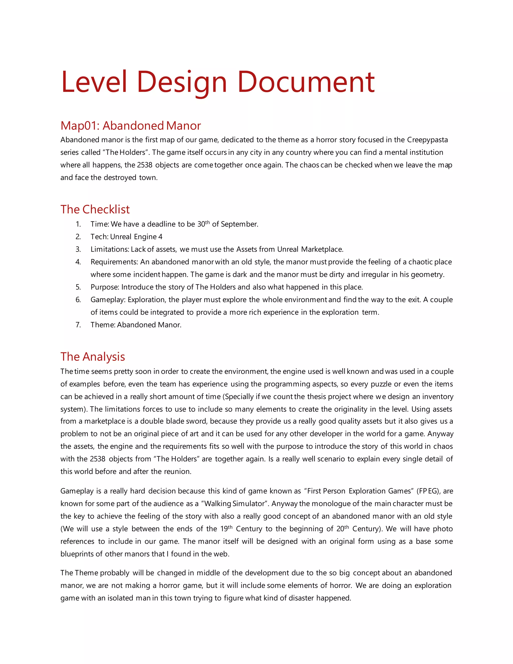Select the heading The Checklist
(95, 209)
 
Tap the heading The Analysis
(92, 357)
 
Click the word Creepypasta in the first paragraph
(427, 140)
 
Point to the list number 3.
(78, 249)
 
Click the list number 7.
(78, 325)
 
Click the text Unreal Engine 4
(136, 237)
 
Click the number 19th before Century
(226, 529)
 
